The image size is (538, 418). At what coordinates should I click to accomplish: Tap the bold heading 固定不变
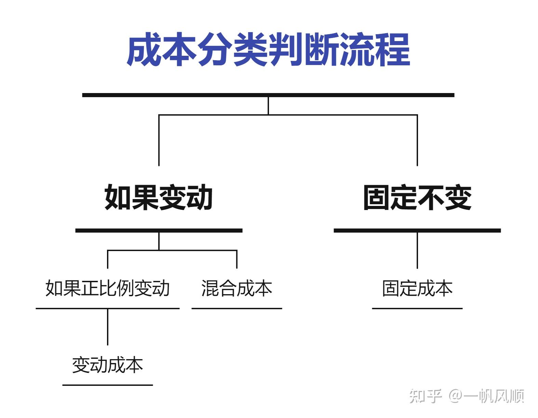(x=417, y=198)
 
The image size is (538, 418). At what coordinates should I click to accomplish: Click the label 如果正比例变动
(x=107, y=288)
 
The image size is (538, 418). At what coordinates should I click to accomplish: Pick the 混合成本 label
(x=237, y=288)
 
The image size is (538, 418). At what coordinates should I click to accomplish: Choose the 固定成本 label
(x=417, y=288)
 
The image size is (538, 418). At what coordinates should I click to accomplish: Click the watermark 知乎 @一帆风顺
(x=467, y=396)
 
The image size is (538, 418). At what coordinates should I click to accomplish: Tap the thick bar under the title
(x=268, y=95)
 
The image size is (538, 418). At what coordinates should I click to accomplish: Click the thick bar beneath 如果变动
(x=159, y=231)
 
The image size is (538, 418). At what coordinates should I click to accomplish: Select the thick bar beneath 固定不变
(x=417, y=231)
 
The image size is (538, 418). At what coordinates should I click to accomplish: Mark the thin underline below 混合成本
(x=237, y=308)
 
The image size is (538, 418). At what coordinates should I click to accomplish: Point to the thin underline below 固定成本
(x=417, y=308)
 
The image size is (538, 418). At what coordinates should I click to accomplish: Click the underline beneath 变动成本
(x=107, y=385)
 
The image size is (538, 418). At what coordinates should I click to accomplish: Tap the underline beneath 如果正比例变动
(x=107, y=308)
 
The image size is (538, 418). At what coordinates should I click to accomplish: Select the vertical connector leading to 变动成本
(x=107, y=327)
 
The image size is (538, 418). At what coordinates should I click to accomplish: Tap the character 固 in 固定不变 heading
(x=377, y=198)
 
